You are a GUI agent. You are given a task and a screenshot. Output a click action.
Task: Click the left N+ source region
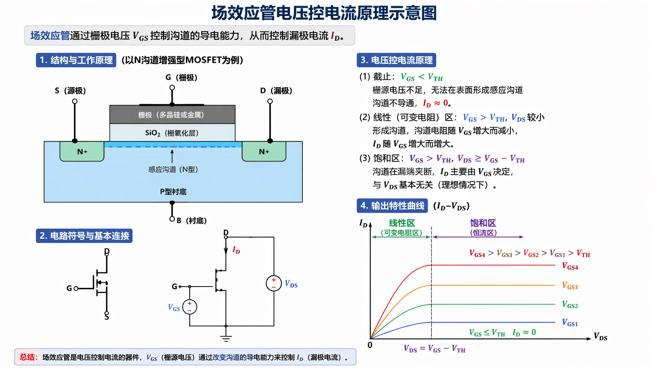[x=82, y=152]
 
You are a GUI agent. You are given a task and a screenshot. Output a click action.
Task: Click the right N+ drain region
[x=264, y=152]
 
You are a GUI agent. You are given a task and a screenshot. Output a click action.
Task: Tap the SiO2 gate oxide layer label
[x=172, y=133]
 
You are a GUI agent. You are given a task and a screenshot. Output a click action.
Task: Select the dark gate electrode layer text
[x=171, y=115]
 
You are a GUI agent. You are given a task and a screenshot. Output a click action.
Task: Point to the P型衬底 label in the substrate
[x=173, y=191]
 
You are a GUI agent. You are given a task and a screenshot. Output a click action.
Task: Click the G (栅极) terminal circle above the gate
[x=172, y=88]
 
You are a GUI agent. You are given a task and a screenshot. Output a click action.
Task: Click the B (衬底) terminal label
[x=192, y=220]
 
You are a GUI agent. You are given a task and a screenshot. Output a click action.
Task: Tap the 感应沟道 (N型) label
[x=173, y=169]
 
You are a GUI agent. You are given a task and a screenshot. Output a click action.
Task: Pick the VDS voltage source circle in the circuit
[x=274, y=284]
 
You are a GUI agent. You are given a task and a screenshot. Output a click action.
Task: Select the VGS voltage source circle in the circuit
[x=189, y=307]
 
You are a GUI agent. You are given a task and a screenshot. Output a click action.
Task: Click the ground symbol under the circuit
[x=226, y=339]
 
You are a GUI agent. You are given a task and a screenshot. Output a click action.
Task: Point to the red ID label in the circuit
[x=236, y=250]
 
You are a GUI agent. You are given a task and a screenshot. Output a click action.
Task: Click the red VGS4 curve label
[x=570, y=266]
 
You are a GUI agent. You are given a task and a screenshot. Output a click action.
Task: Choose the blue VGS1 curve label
[x=570, y=323]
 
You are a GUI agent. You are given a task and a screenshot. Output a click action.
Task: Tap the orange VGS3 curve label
[x=570, y=286]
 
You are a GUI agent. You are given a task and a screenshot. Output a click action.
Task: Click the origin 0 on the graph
[x=370, y=345]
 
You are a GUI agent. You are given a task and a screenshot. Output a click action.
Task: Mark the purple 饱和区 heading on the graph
[x=483, y=223]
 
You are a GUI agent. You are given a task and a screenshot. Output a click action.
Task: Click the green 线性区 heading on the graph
[x=402, y=223]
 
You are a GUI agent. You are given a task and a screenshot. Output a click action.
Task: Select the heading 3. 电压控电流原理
[x=397, y=60]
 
